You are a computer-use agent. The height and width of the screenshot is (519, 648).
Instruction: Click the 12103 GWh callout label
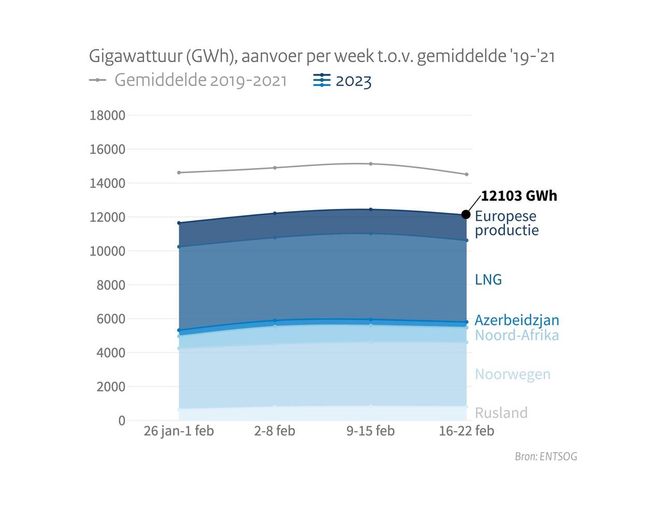coord(519,196)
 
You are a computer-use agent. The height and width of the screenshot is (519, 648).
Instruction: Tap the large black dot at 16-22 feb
coord(466,215)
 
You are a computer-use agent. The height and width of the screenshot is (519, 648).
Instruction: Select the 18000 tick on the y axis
coord(108,116)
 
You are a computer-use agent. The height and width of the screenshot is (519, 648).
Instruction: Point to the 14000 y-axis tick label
coord(108,184)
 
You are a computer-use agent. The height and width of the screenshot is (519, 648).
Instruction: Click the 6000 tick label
coord(111,319)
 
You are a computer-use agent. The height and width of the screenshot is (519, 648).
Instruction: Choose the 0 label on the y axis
coord(122,420)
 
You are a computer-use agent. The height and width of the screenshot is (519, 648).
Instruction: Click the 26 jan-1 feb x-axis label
coord(179,431)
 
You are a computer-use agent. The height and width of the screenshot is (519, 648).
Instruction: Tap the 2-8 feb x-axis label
coord(275,431)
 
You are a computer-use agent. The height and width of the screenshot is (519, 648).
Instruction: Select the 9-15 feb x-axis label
coord(371,431)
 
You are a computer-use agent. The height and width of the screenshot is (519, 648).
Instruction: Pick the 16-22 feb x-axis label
coord(467,431)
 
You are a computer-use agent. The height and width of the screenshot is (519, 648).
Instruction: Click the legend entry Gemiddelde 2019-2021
coord(200,80)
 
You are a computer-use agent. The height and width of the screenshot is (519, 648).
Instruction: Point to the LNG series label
coord(488,280)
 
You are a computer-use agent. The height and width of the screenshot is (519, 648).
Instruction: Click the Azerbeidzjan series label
coord(517,320)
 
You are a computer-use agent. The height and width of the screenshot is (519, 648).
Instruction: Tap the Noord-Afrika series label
coord(517,335)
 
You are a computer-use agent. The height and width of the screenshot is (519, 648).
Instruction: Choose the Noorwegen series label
coord(513,374)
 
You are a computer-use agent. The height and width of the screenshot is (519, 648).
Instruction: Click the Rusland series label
coord(501,413)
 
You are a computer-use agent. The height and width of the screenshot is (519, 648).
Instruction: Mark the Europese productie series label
coord(506,223)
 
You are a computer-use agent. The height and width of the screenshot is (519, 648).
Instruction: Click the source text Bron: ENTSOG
coord(546,457)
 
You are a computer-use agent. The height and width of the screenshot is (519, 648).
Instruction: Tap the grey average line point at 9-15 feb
coord(371,164)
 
